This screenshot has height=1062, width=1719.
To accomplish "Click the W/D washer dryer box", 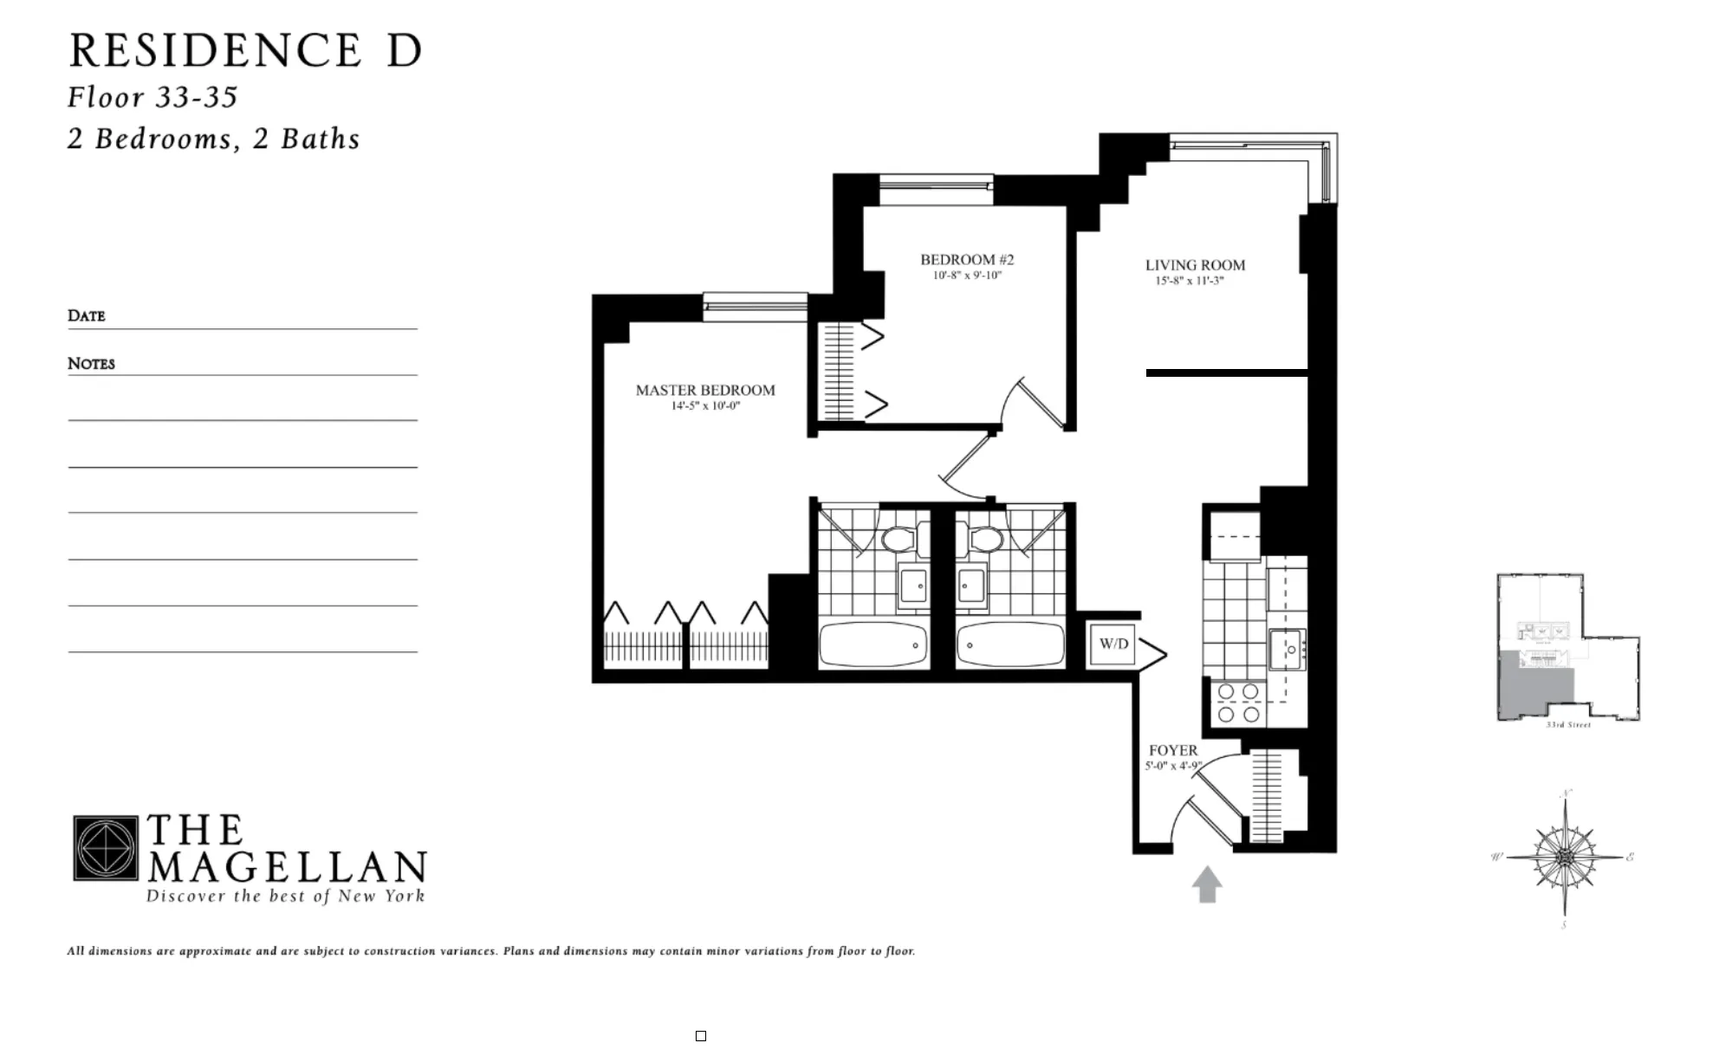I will [1113, 644].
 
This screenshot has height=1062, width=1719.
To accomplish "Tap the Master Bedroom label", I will [705, 391].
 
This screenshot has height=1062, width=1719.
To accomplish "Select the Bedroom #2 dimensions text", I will [967, 276].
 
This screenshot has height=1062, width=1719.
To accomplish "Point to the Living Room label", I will [1195, 265].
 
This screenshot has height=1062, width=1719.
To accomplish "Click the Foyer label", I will [1173, 750].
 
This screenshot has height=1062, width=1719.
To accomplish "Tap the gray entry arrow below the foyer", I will [1207, 884].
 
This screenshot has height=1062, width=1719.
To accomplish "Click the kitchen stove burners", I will [1238, 703].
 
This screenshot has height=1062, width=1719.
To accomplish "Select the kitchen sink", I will [1288, 650].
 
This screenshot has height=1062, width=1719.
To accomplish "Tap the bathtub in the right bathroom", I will [1010, 645].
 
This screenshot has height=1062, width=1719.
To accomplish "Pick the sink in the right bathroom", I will [971, 586].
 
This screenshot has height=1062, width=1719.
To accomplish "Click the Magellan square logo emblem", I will [105, 848].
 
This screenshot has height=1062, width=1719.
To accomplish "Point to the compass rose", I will [1565, 858].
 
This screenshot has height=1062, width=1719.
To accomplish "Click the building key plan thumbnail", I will [1567, 648].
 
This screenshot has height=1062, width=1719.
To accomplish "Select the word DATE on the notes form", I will [87, 316].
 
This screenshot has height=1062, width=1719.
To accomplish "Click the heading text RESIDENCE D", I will [246, 50].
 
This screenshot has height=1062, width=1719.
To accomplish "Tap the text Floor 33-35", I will [152, 97].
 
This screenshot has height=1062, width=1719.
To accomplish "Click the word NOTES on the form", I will [91, 364].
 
